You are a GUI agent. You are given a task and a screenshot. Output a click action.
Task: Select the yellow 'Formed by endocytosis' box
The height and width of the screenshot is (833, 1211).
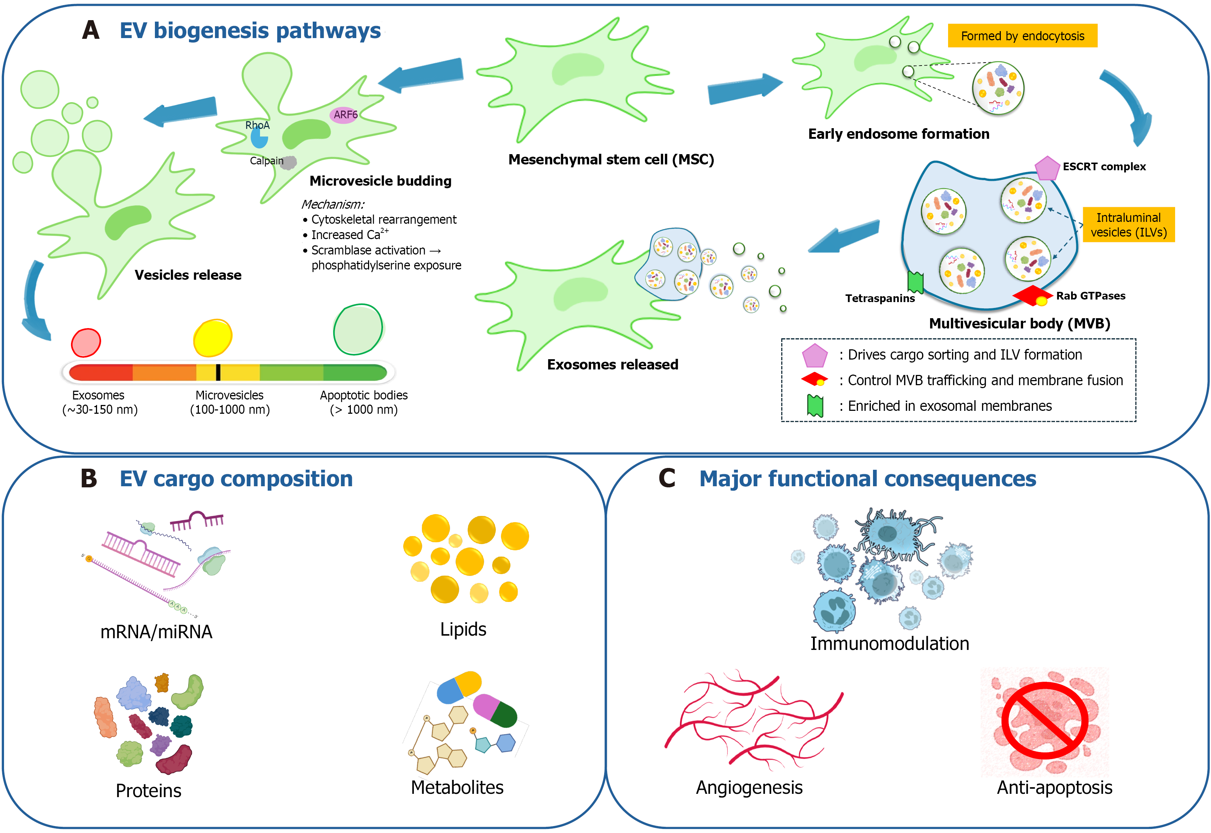click(x=1022, y=36)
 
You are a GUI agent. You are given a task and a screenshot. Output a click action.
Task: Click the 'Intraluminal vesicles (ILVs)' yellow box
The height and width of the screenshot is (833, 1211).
click(x=1129, y=225)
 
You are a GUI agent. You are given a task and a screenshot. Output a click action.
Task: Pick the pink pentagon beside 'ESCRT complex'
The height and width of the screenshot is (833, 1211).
click(x=1047, y=168)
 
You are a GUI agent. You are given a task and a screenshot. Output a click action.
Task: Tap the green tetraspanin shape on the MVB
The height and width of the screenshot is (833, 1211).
click(x=915, y=282)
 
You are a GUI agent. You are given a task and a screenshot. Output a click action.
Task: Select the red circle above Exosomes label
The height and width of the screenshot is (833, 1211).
click(x=86, y=342)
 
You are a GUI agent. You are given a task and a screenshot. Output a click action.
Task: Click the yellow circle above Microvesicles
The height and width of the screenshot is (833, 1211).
click(x=212, y=338)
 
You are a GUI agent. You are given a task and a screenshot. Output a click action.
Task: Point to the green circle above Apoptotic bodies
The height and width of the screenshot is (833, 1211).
click(x=358, y=329)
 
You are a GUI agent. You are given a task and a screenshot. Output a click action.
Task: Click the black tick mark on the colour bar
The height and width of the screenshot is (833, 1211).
click(x=218, y=372)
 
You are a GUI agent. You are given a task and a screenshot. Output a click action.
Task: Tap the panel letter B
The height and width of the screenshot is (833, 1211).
click(x=89, y=478)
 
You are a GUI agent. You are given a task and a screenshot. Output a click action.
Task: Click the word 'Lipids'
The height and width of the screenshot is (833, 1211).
click(x=463, y=629)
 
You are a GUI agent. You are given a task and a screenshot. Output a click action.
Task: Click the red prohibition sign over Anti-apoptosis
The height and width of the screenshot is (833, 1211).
click(x=1044, y=720)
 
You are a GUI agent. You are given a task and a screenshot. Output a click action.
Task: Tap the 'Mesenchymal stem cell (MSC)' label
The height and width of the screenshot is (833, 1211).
click(x=611, y=160)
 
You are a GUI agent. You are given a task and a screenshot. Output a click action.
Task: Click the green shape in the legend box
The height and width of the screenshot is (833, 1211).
click(x=815, y=406)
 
